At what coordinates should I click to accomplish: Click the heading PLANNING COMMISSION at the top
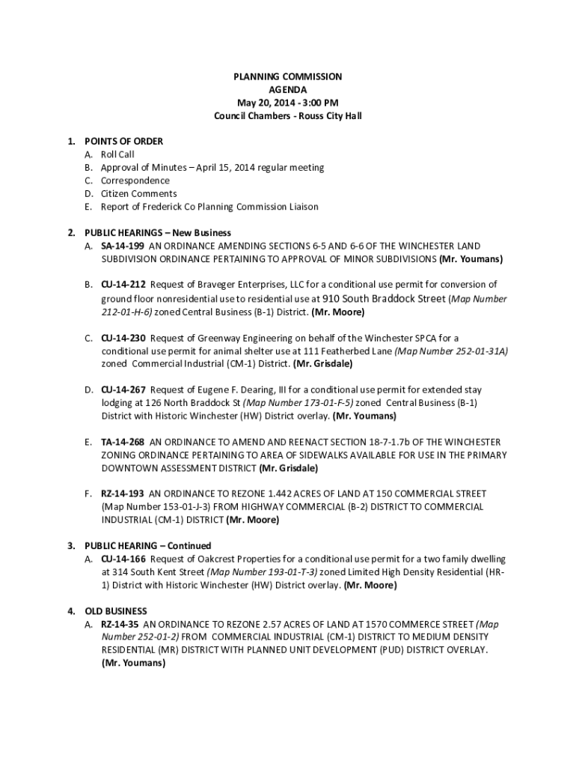click(287, 76)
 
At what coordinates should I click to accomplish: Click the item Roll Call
click(117, 154)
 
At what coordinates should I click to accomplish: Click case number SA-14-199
click(123, 246)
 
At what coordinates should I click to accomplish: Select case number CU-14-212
click(123, 285)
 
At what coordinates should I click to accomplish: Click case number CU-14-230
click(123, 338)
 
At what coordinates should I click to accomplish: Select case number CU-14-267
click(123, 389)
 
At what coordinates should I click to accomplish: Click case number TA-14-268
click(123, 442)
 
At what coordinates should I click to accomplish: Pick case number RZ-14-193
click(123, 494)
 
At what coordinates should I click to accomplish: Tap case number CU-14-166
click(123, 559)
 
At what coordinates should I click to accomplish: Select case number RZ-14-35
click(120, 624)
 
